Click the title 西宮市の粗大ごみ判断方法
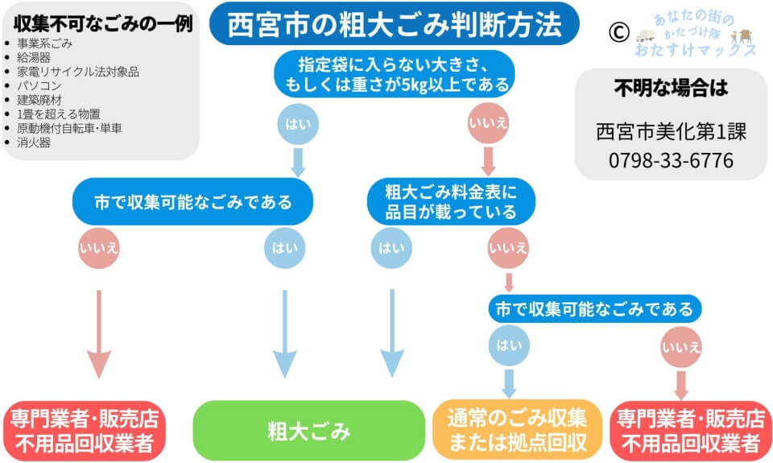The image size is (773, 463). coord(394,24)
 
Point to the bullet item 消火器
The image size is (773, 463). coord(34,143)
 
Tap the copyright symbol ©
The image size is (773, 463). coord(618,31)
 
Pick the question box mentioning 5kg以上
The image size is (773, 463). coord(394,74)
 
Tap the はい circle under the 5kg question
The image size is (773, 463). coord(298,125)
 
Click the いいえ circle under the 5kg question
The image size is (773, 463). coord(487,125)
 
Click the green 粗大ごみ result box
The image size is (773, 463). coord(309,431)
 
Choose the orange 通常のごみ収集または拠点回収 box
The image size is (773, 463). coord(518,430)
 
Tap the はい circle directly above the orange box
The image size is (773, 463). coord(509,346)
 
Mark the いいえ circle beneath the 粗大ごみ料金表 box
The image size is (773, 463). coord(508,249)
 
